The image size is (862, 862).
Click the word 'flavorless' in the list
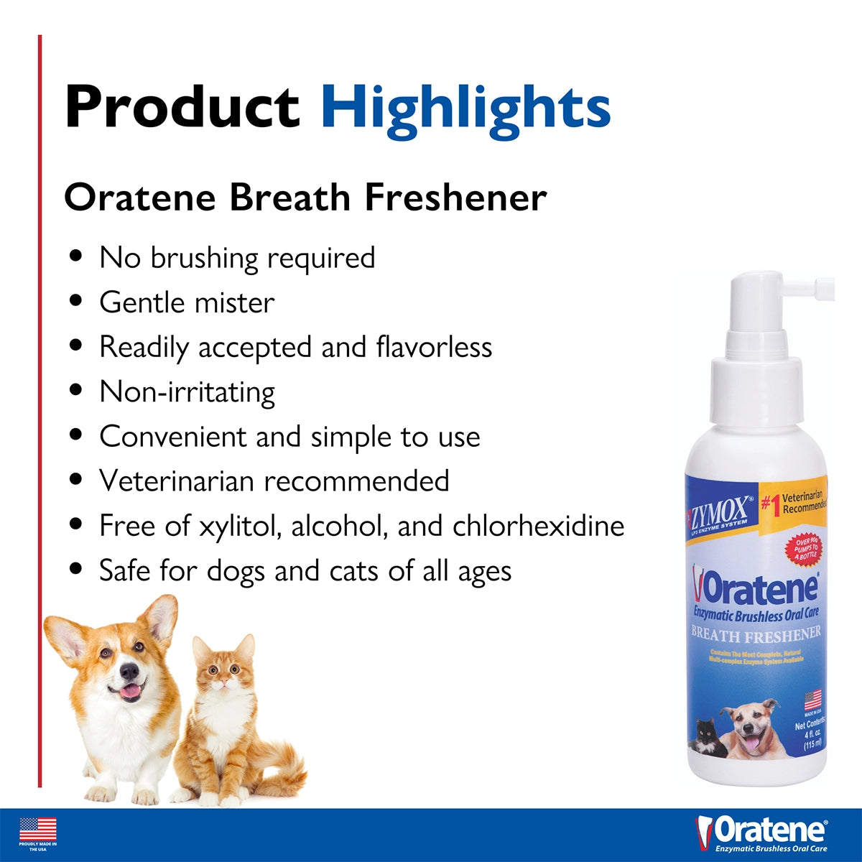pos(434,347)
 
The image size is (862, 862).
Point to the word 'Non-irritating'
pos(187,392)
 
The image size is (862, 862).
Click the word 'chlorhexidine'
pos(538,526)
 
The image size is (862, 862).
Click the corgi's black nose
pos(129,671)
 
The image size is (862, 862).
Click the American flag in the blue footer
pos(38,830)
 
